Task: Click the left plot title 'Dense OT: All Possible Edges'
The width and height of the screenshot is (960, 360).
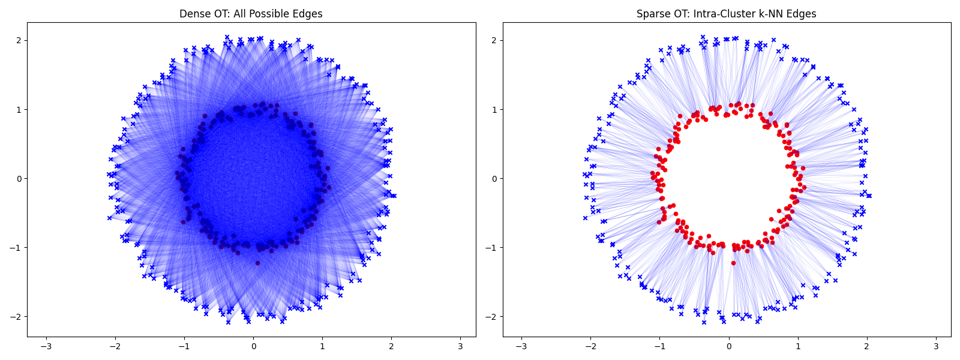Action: click(251, 14)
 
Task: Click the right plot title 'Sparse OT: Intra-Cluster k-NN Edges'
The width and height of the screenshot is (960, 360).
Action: click(726, 14)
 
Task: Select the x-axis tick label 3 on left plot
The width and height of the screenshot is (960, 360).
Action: click(460, 347)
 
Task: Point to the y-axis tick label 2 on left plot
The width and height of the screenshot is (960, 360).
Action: click(19, 40)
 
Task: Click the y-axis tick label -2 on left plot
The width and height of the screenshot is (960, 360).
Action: click(16, 316)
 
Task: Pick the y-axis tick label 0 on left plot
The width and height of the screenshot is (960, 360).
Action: click(19, 178)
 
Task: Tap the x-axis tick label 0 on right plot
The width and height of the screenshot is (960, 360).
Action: click(729, 347)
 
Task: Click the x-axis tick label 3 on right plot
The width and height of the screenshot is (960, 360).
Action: click(936, 347)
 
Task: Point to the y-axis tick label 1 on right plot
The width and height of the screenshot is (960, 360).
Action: click(494, 109)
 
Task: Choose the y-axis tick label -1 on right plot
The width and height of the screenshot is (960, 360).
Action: click(492, 247)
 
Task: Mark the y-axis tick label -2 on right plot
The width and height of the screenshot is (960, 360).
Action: click(492, 316)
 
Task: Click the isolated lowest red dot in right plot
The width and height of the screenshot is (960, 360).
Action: click(733, 263)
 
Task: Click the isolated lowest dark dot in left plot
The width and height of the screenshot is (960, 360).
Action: click(257, 263)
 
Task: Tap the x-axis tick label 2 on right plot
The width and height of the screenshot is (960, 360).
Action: click(867, 347)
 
